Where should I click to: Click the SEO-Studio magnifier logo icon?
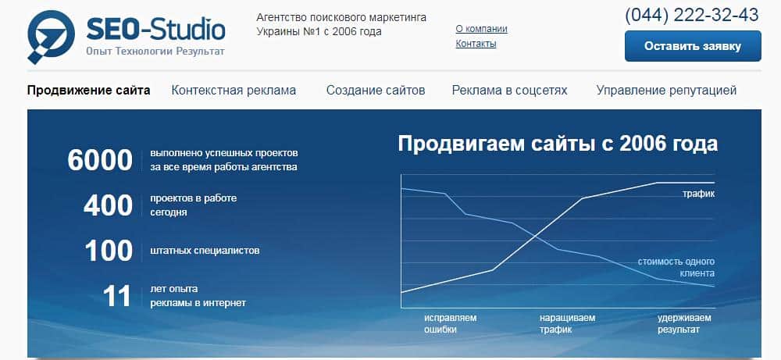[50, 36]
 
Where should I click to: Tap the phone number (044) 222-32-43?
[692, 15]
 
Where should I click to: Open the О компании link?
[481, 29]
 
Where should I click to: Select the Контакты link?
[476, 43]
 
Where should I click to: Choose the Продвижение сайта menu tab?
[89, 90]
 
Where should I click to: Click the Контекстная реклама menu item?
[234, 90]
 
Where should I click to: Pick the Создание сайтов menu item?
[376, 90]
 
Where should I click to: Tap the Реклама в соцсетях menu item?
[509, 90]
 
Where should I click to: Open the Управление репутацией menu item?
[666, 90]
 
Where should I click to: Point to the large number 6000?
[100, 160]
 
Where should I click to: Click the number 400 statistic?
[108, 205]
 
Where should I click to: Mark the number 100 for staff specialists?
[109, 251]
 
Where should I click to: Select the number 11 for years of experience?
[117, 296]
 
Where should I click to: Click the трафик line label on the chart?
[698, 194]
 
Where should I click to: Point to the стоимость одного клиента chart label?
[676, 267]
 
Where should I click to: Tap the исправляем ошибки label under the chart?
[451, 323]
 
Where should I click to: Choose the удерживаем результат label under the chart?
[684, 323]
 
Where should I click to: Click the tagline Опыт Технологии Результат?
[155, 52]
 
